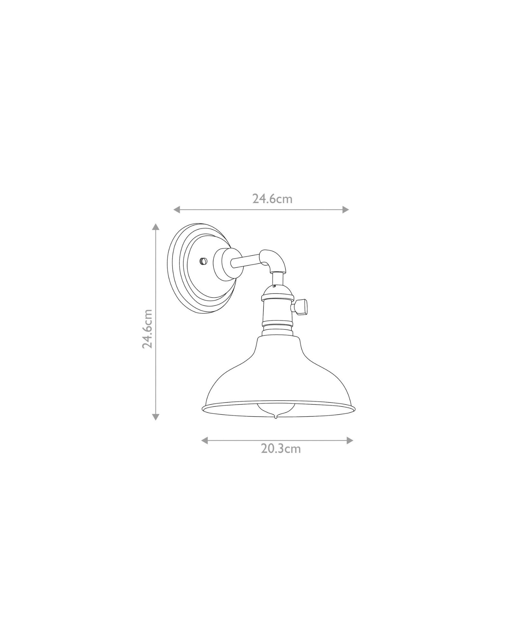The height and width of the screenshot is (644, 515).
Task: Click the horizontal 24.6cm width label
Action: coord(272,199)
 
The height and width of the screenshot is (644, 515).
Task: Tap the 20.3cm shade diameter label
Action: coord(281,449)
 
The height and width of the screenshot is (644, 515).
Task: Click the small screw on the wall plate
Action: coord(202,261)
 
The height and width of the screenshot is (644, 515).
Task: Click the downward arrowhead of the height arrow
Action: coord(156,417)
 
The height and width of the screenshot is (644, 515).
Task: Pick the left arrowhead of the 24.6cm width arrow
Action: coord(177,210)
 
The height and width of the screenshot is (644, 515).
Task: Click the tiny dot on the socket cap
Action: coord(274,286)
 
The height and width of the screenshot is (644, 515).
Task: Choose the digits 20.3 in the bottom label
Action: coord(272,449)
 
